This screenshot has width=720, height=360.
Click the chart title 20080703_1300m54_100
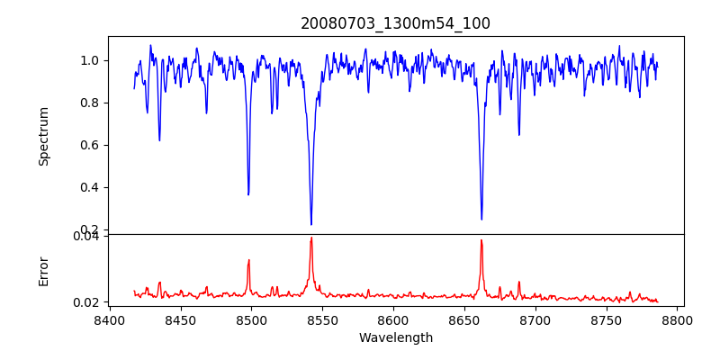(395, 23)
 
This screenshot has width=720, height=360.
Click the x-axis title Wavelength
(395, 338)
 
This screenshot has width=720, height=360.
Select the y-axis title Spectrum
(43, 136)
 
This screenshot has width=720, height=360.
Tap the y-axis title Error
(43, 271)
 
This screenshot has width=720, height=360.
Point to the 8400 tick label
(109, 319)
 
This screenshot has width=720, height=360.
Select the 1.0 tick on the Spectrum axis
(91, 60)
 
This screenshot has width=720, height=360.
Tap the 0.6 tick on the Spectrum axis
(91, 145)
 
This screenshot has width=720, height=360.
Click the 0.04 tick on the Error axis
(87, 237)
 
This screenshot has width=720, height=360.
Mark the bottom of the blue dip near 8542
(311, 224)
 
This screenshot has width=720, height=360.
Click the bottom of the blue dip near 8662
(481, 219)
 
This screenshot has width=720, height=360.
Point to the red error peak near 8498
(249, 260)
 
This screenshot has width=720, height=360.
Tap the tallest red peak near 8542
(311, 238)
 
